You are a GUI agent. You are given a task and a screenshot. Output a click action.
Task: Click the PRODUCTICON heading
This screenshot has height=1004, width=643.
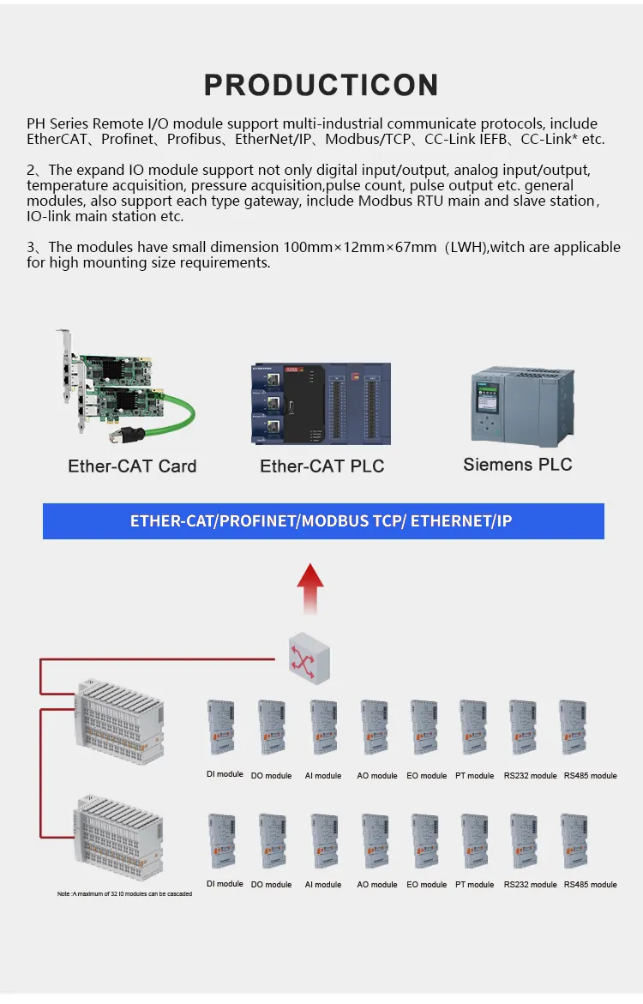tap(321, 85)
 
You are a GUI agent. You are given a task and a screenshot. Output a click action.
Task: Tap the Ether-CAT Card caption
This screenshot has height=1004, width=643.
tap(133, 466)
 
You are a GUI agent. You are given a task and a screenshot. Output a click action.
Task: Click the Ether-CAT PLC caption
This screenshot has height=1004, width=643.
tap(322, 466)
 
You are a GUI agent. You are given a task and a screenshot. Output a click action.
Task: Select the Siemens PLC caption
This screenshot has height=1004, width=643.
tap(518, 464)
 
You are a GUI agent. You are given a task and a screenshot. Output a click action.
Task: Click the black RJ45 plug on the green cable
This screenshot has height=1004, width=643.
tap(120, 435)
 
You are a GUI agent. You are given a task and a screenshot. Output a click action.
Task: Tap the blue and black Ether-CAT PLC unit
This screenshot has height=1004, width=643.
tap(321, 403)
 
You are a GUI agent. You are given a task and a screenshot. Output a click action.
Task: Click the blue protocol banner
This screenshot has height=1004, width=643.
tap(323, 520)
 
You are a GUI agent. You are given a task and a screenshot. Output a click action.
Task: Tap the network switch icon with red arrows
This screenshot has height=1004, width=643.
tap(309, 658)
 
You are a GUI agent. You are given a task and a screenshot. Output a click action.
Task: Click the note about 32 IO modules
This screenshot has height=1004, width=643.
tap(125, 894)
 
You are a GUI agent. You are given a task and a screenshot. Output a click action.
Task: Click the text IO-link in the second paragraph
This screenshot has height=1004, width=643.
tap(49, 216)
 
